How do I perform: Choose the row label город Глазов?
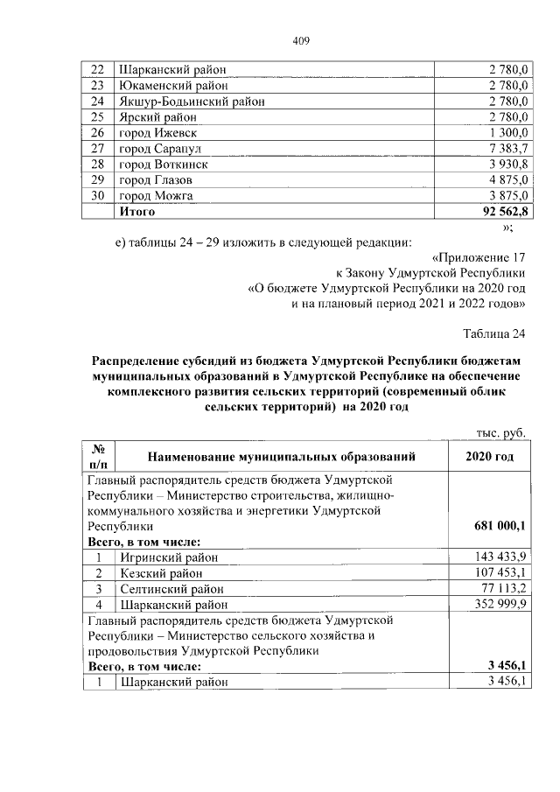coord(157,180)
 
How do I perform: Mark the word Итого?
coord(137,212)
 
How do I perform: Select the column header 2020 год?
coord(490,456)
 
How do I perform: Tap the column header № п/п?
coord(98,456)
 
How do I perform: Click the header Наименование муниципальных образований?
coord(281,456)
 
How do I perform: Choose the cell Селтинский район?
coord(171,588)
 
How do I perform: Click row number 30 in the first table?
coord(98,196)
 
